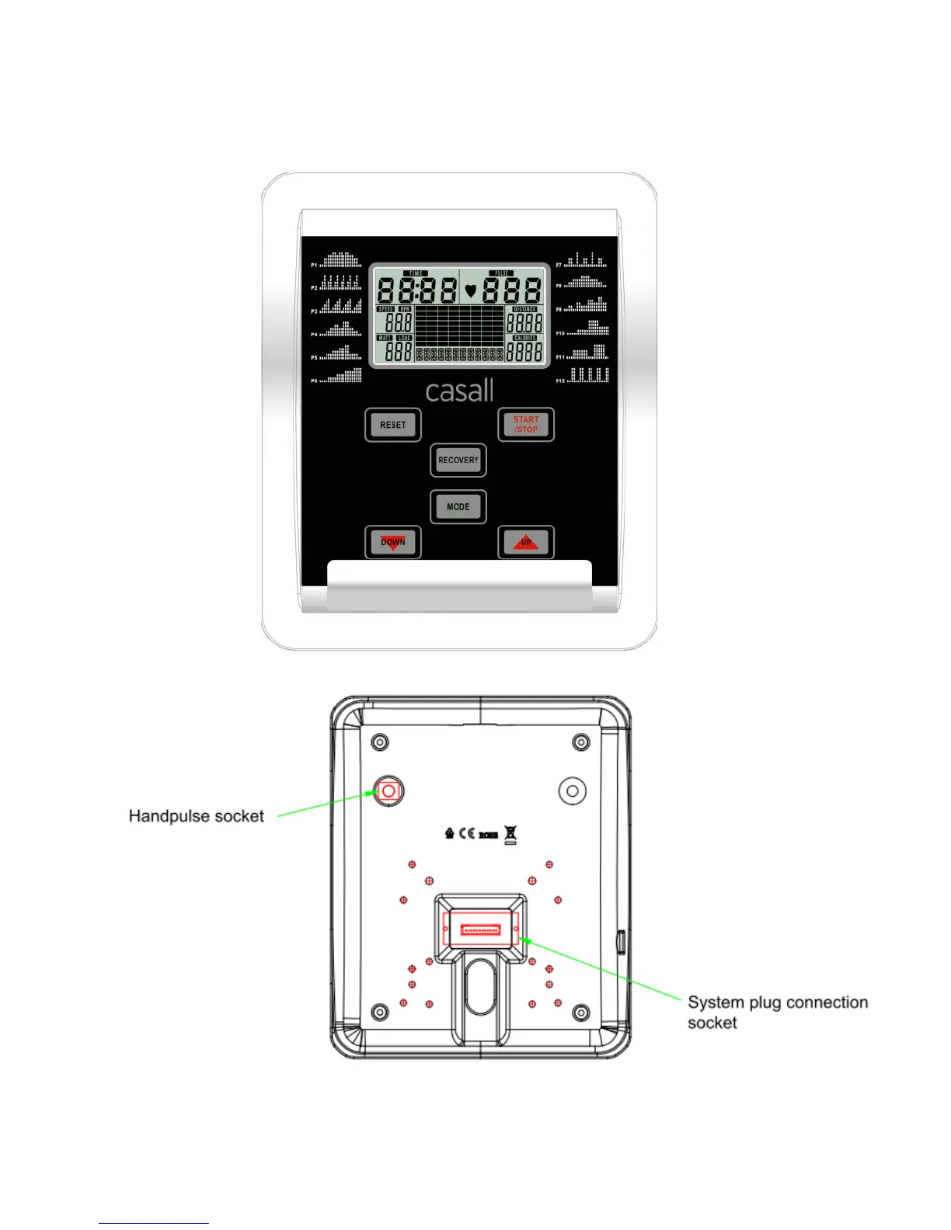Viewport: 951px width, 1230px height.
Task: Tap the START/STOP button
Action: (526, 425)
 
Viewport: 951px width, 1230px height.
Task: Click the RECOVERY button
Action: (458, 460)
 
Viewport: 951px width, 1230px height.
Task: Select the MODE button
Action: (458, 507)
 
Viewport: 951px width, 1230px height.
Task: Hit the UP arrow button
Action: (526, 543)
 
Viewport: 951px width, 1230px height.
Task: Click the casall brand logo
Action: (459, 391)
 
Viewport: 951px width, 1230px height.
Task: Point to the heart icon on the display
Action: (470, 292)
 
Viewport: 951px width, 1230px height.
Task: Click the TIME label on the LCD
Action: (416, 273)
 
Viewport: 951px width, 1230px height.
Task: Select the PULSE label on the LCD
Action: (502, 273)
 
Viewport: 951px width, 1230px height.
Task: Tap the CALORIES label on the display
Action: (524, 339)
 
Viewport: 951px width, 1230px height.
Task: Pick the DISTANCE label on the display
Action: (524, 309)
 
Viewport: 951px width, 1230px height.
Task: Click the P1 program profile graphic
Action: (341, 260)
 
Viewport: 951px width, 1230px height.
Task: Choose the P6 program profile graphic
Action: (343, 376)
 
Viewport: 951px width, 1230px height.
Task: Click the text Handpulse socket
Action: (197, 816)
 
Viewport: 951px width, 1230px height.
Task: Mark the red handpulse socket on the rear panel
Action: (388, 791)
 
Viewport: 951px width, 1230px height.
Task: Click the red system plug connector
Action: (480, 929)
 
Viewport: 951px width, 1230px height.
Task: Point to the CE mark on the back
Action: (466, 834)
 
